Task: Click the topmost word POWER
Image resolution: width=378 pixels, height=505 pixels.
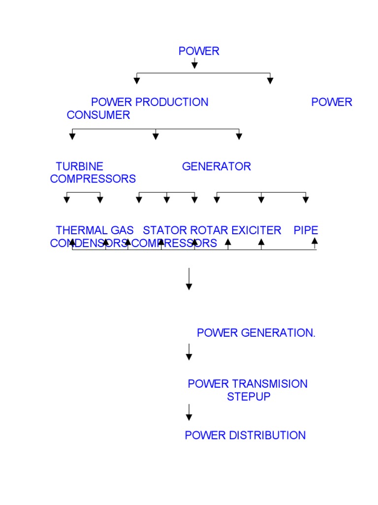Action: click(x=199, y=51)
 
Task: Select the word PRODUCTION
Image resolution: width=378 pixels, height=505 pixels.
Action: click(x=172, y=102)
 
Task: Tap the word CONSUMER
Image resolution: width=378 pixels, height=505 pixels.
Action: click(x=98, y=115)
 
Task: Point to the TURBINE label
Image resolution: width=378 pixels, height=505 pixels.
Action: click(x=80, y=166)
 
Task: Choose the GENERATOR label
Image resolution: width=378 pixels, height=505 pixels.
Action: click(x=217, y=166)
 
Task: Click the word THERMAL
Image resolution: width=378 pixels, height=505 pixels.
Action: click(x=81, y=230)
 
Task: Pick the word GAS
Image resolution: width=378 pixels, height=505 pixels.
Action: click(x=122, y=230)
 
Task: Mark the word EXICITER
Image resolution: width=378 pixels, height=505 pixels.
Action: click(x=256, y=230)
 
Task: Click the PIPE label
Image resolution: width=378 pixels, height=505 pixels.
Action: click(x=306, y=230)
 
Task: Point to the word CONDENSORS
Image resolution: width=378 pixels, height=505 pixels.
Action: click(x=89, y=243)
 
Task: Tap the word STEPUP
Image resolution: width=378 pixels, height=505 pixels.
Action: click(x=249, y=397)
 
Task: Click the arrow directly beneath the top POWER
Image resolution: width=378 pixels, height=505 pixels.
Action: click(x=195, y=63)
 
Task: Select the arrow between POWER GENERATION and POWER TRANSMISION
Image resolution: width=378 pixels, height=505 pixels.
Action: click(x=189, y=352)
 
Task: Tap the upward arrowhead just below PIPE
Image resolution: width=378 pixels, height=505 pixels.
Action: click(x=315, y=241)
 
